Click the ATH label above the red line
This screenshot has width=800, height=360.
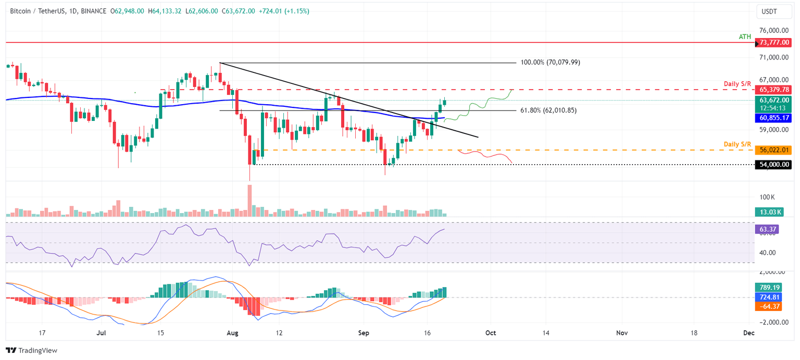(745, 36)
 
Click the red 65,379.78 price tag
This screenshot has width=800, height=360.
(773, 90)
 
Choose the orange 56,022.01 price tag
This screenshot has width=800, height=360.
(773, 150)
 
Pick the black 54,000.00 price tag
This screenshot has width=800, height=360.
(773, 165)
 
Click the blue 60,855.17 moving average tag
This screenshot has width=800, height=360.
(773, 118)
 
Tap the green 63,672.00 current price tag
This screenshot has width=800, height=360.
(773, 100)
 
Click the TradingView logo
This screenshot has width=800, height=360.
(31, 350)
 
